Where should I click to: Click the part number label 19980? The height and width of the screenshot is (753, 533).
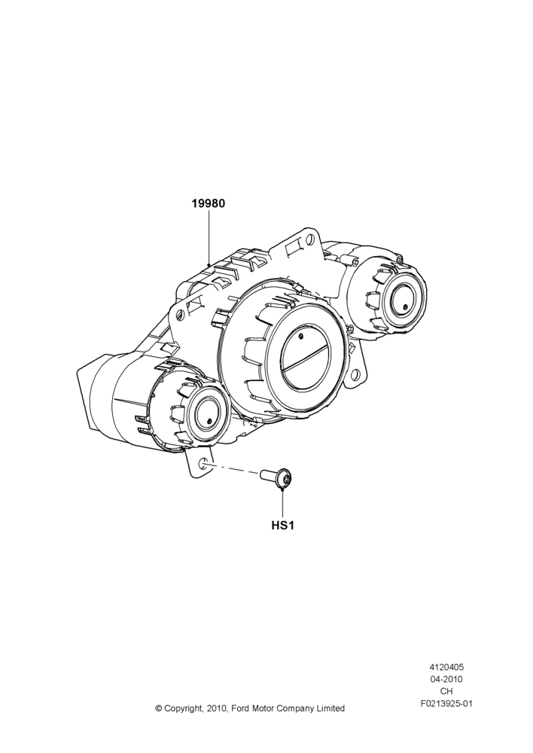[x=209, y=203]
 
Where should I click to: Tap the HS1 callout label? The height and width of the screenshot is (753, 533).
[x=282, y=526]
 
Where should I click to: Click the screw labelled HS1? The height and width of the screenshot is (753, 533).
[x=278, y=478]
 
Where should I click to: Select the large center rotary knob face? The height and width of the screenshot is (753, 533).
[x=306, y=363]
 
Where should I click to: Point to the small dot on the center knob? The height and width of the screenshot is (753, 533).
[x=301, y=336]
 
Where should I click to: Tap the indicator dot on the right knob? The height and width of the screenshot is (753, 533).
[x=405, y=307]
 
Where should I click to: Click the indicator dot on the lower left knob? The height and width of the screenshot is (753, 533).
[x=210, y=421]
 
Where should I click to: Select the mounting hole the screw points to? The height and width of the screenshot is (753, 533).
[x=203, y=463]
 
